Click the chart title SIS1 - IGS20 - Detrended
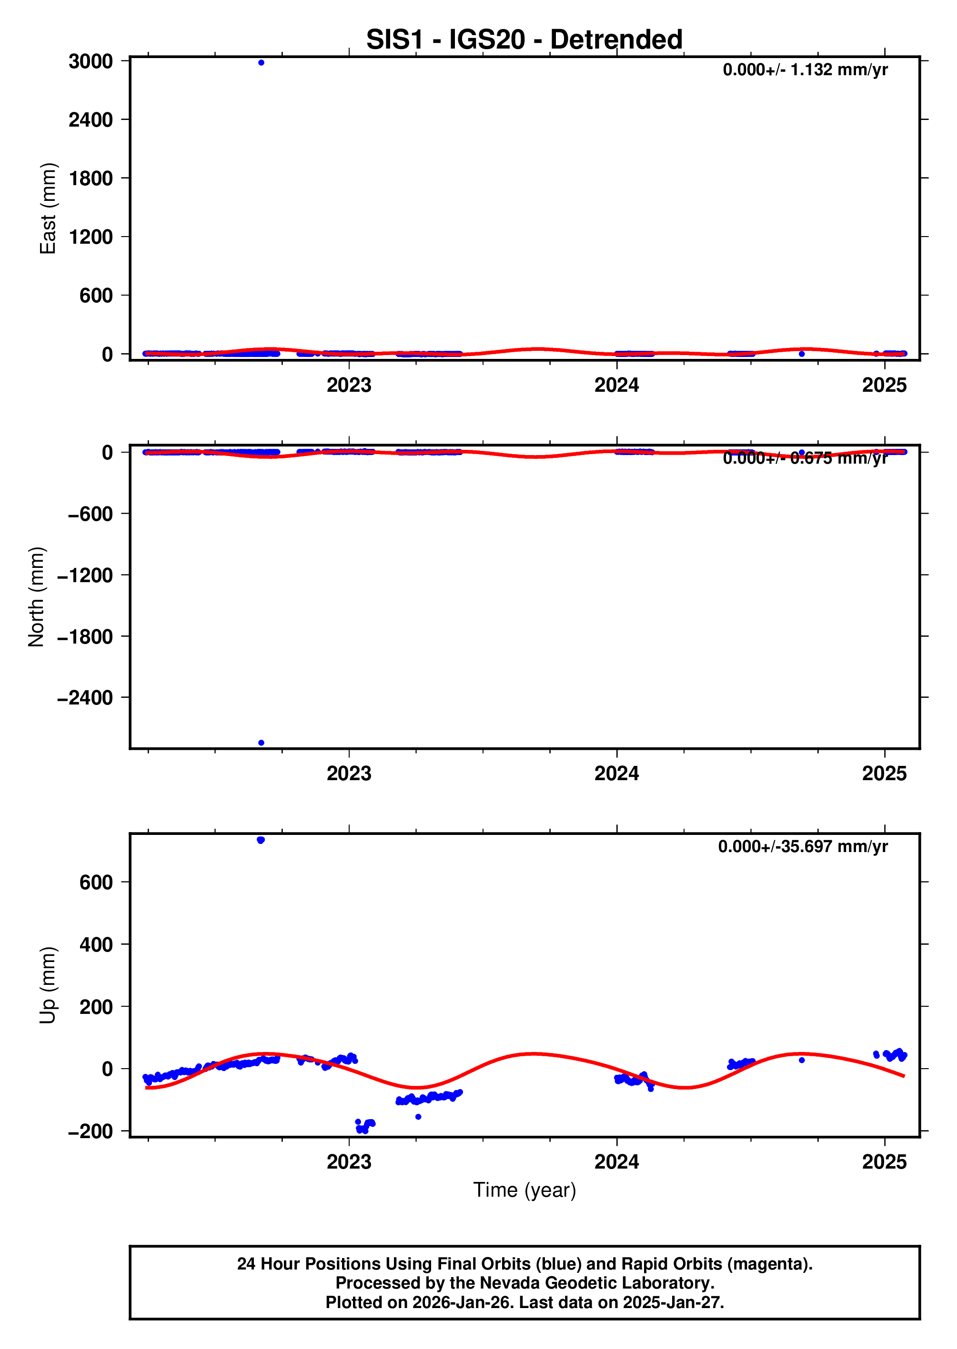(x=524, y=40)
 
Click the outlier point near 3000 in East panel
(x=261, y=62)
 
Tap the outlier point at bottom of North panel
(x=261, y=743)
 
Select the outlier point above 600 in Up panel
(x=261, y=840)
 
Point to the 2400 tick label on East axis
(x=91, y=120)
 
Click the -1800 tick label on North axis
(x=85, y=636)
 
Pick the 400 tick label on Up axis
(x=96, y=944)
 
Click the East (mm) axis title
(x=48, y=208)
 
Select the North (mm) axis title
(x=37, y=596)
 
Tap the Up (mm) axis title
(x=48, y=985)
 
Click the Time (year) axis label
(x=524, y=1190)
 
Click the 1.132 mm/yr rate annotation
(x=805, y=70)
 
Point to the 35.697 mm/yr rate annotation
(x=803, y=847)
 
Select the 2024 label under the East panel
(x=616, y=385)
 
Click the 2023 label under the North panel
(x=349, y=773)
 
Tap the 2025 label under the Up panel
(x=884, y=1162)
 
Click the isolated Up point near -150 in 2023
(x=418, y=1117)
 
